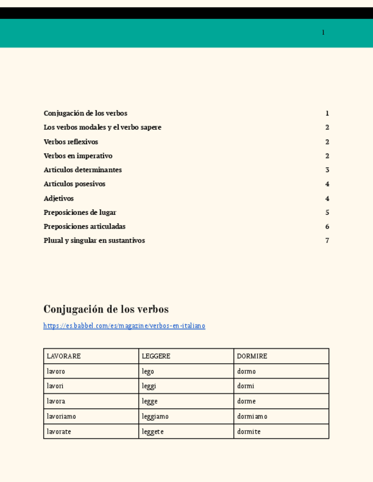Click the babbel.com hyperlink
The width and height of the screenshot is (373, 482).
(x=124, y=326)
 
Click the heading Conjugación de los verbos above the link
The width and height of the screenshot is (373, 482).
(x=106, y=309)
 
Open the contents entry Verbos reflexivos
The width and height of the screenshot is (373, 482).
(x=71, y=142)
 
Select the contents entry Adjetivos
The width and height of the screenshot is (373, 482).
(x=59, y=198)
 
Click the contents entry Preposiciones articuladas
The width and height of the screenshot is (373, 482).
(x=84, y=226)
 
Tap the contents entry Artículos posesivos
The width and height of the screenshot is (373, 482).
(x=75, y=184)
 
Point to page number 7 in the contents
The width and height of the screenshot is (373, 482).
(x=327, y=240)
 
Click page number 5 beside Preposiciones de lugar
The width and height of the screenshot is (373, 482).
(x=327, y=213)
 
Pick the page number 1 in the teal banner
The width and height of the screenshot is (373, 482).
(x=323, y=32)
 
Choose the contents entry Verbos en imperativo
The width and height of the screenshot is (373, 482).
(x=78, y=156)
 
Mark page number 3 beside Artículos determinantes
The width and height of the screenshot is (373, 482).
(x=327, y=170)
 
